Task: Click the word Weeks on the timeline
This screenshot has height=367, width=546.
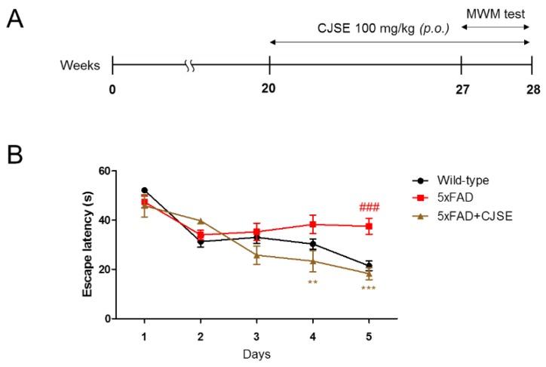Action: (x=81, y=66)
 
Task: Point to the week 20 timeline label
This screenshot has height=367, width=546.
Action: (x=269, y=88)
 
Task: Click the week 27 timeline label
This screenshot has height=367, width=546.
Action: (x=462, y=88)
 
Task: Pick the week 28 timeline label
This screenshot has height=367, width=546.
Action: (x=531, y=88)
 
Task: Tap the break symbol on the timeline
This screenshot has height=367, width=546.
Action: (x=190, y=66)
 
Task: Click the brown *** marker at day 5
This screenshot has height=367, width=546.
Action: (x=369, y=288)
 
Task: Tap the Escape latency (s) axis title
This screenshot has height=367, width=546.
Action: (x=88, y=245)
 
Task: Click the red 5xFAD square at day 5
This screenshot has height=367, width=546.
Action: (x=369, y=226)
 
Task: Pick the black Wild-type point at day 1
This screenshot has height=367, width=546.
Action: (x=143, y=190)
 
